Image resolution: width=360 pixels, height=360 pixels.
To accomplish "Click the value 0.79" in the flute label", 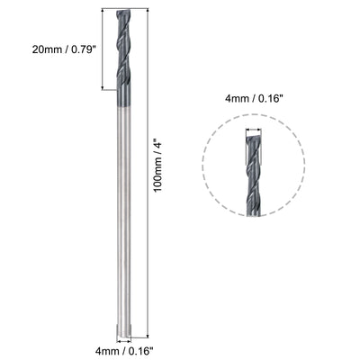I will tap(75, 49).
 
